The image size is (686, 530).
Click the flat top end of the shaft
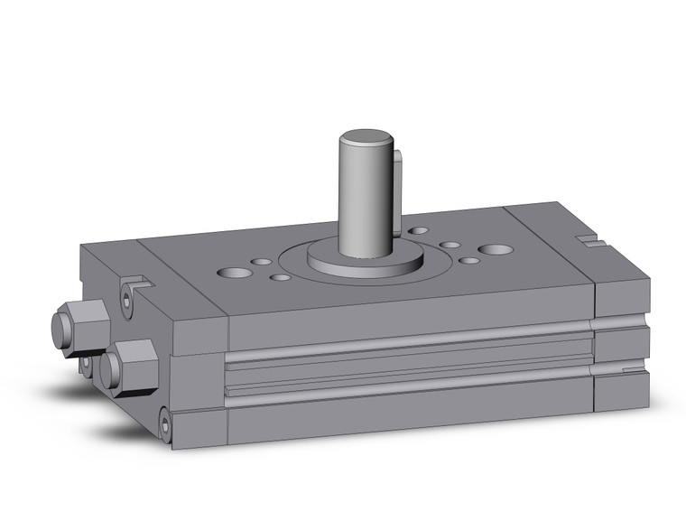tap(366, 140)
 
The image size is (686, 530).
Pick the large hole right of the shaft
tap(495, 248)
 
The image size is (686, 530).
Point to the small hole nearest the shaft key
tap(418, 231)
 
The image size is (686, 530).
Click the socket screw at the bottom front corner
tap(164, 422)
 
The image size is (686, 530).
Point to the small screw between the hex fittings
tap(86, 364)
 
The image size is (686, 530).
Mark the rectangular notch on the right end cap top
tap(591, 241)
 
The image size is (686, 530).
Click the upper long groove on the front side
tap(406, 350)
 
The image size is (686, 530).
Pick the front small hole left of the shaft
tap(281, 276)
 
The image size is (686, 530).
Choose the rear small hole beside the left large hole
tap(262, 262)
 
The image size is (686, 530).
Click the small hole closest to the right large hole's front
tap(469, 261)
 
